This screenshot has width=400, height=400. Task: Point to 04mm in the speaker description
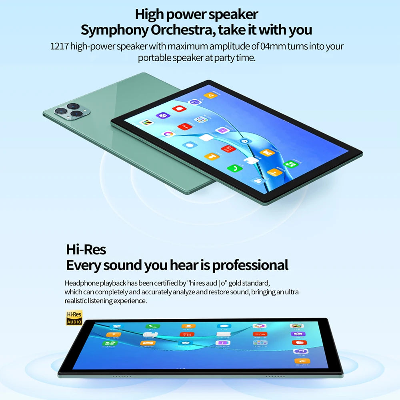pyautogui.click(x=273, y=46)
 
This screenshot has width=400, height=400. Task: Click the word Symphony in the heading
pyautogui.click(x=110, y=30)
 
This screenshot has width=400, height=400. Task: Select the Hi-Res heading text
pyautogui.click(x=86, y=250)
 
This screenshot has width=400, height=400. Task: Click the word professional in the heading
pyautogui.click(x=250, y=265)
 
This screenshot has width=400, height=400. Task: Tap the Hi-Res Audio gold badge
pyautogui.click(x=74, y=318)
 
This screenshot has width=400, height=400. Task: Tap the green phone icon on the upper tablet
pyautogui.click(x=232, y=168)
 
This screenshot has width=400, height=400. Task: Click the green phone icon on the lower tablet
pyautogui.click(x=151, y=327)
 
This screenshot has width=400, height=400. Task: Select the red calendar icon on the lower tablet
pyautogui.click(x=187, y=334)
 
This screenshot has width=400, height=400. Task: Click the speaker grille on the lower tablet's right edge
pyautogui.click(x=275, y=376)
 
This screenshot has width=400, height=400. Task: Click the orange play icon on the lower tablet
pyautogui.click(x=300, y=361)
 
